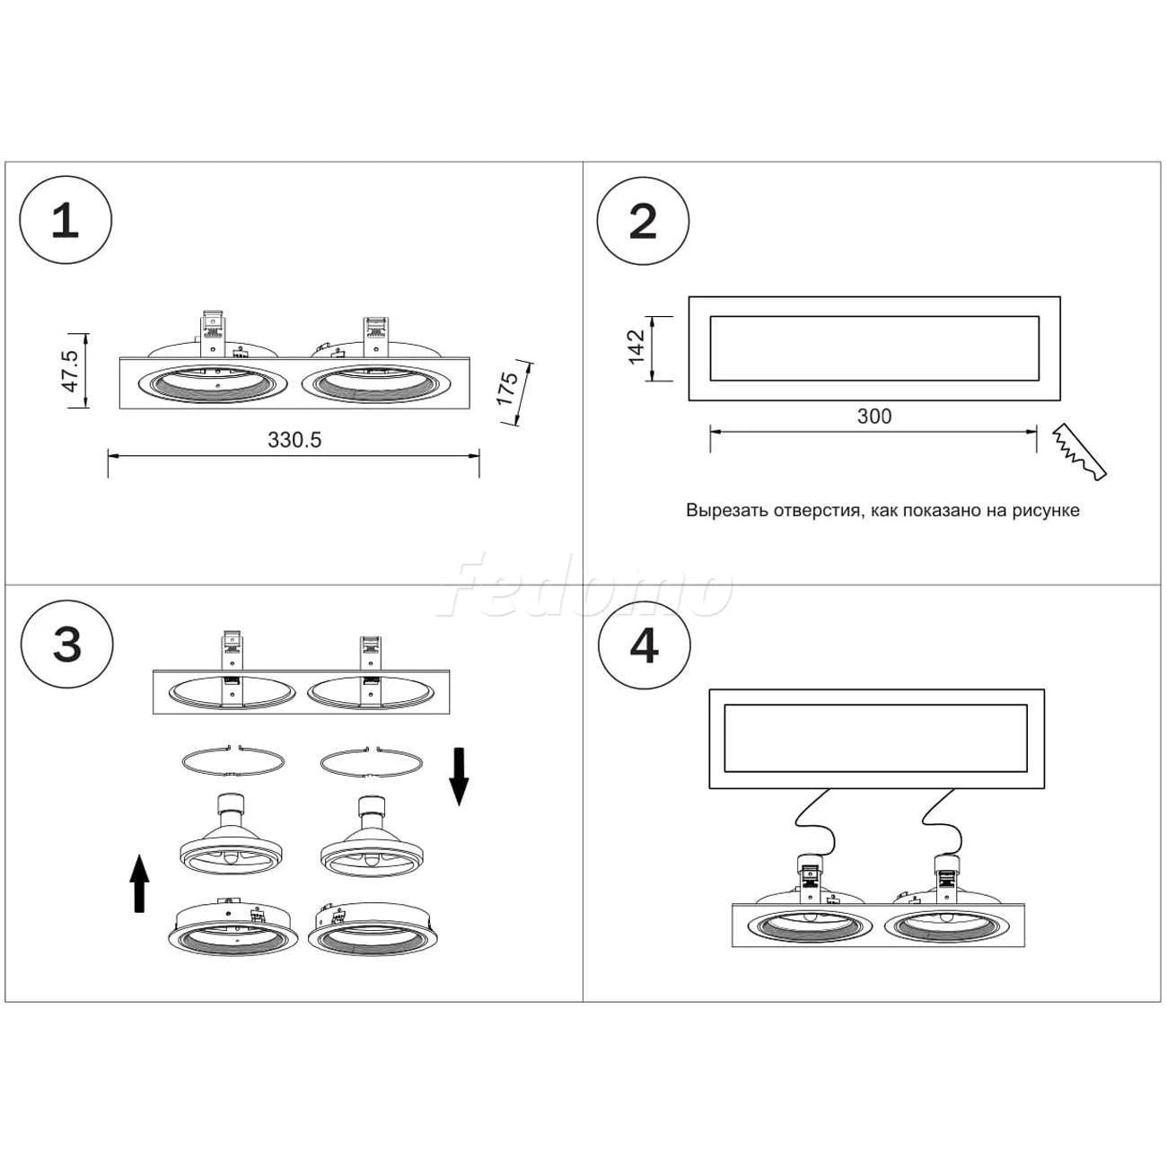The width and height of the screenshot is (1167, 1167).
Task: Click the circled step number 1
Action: pos(66,221)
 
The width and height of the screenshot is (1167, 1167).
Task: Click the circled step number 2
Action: pos(644,221)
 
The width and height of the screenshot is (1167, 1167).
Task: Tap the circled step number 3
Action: pos(67,645)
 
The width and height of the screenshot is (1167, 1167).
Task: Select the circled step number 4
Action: pos(645,645)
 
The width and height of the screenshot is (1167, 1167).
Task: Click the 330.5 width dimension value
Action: pos(294,440)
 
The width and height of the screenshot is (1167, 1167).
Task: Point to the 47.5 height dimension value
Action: pos(70,370)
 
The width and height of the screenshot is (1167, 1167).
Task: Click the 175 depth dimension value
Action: pos(508,388)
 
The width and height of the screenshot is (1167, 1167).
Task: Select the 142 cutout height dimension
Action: pos(636,347)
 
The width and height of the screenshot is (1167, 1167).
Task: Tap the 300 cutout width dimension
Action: pos(874,416)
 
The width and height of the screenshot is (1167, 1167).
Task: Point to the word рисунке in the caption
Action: pos(1046,511)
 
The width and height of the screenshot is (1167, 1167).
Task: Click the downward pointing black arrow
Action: pos(459,776)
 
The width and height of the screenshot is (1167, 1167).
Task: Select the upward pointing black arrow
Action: pos(138,883)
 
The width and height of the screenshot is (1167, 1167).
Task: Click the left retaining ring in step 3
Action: pos(233,761)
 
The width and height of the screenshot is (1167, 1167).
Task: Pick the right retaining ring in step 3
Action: pos(371,761)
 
